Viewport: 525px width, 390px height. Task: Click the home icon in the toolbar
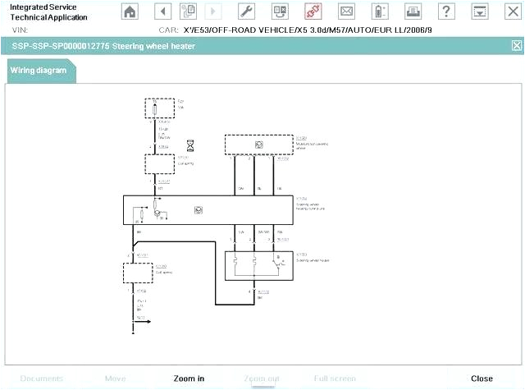click(130, 11)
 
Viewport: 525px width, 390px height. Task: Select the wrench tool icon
click(246, 11)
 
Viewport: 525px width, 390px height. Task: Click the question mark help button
click(445, 11)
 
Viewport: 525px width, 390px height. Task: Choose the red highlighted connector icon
click(313, 11)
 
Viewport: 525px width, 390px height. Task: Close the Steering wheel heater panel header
click(516, 45)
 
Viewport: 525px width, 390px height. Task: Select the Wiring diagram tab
click(39, 71)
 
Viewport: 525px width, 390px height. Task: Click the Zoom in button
click(189, 379)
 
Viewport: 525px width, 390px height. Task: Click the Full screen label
click(335, 379)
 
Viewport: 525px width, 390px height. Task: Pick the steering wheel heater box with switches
click(258, 262)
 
